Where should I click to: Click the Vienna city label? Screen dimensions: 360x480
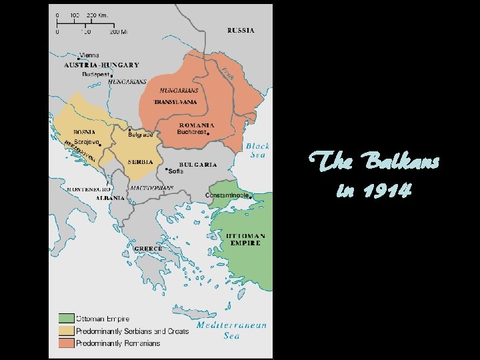(x=89, y=55)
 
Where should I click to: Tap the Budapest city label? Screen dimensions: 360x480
(x=96, y=75)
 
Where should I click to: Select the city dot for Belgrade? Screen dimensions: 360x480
(x=129, y=129)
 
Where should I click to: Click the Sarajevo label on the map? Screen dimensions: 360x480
(x=87, y=141)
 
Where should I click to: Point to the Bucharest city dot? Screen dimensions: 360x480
(x=209, y=134)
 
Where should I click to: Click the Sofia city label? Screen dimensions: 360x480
(x=176, y=171)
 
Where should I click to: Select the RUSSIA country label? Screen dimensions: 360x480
(x=241, y=31)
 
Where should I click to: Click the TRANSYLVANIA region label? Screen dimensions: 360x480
(x=175, y=102)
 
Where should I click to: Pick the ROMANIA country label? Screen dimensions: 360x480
(x=197, y=125)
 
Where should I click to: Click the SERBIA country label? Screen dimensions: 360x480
(x=141, y=162)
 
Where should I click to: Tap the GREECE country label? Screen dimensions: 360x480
(x=148, y=248)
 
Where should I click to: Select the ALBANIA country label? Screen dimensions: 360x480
(x=109, y=198)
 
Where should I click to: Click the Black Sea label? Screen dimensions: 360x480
(x=257, y=150)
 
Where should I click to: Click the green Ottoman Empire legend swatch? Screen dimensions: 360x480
(x=66, y=319)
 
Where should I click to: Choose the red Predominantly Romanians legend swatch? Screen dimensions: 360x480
(x=66, y=343)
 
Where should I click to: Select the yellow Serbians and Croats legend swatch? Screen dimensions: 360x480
(x=66, y=331)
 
